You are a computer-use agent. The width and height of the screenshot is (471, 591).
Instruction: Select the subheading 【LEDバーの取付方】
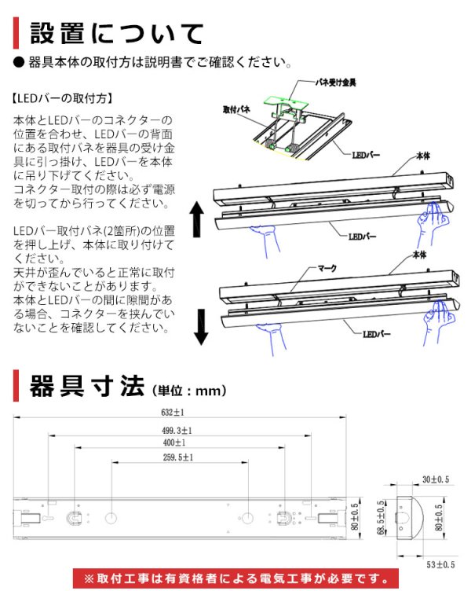[64, 100]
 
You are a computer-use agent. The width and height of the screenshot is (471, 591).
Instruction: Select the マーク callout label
[326, 268]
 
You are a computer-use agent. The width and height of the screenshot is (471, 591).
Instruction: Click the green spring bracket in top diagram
[287, 103]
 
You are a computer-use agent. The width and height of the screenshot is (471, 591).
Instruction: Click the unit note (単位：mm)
[186, 390]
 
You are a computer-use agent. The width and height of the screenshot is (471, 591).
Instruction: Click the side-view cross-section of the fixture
[412, 520]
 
